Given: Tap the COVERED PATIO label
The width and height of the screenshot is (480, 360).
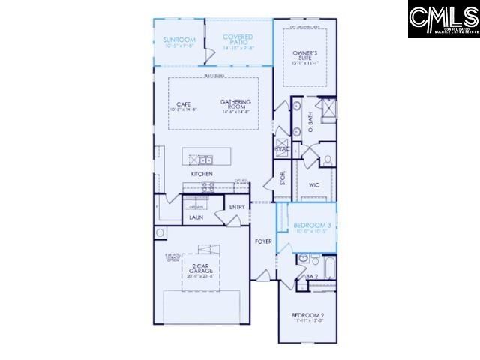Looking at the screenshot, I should tap(238, 39).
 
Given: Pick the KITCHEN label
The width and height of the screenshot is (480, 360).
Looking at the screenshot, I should tap(202, 174).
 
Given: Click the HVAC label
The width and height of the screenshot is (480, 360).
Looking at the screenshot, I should tap(283, 148).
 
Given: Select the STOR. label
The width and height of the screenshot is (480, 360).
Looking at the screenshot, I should tap(283, 178).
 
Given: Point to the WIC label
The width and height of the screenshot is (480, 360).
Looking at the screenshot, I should tap(313, 184).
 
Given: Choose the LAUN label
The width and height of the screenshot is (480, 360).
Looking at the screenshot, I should tap(196, 217).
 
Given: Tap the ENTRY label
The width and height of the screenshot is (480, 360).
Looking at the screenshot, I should tap(238, 207).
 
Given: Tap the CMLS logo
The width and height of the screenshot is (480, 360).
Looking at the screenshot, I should tap(443, 19).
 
